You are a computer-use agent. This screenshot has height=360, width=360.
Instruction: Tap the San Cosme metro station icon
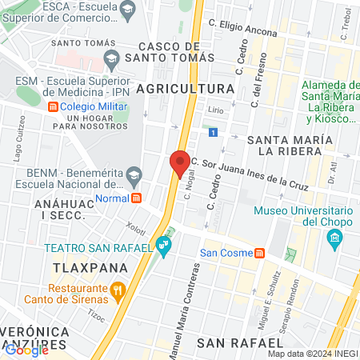coord(260,254)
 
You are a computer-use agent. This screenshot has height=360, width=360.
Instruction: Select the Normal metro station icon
coord(137,198)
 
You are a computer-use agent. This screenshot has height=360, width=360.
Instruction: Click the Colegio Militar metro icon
coord(53,107)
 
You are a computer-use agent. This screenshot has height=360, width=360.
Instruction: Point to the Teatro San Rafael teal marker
coord(164,244)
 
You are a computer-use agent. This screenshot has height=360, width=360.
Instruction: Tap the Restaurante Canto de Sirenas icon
coord(118,289)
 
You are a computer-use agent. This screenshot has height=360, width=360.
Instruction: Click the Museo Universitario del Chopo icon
coord(334,238)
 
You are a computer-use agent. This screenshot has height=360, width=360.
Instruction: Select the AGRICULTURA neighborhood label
coord(184,88)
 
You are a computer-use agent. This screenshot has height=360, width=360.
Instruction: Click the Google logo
coord(26,349)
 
